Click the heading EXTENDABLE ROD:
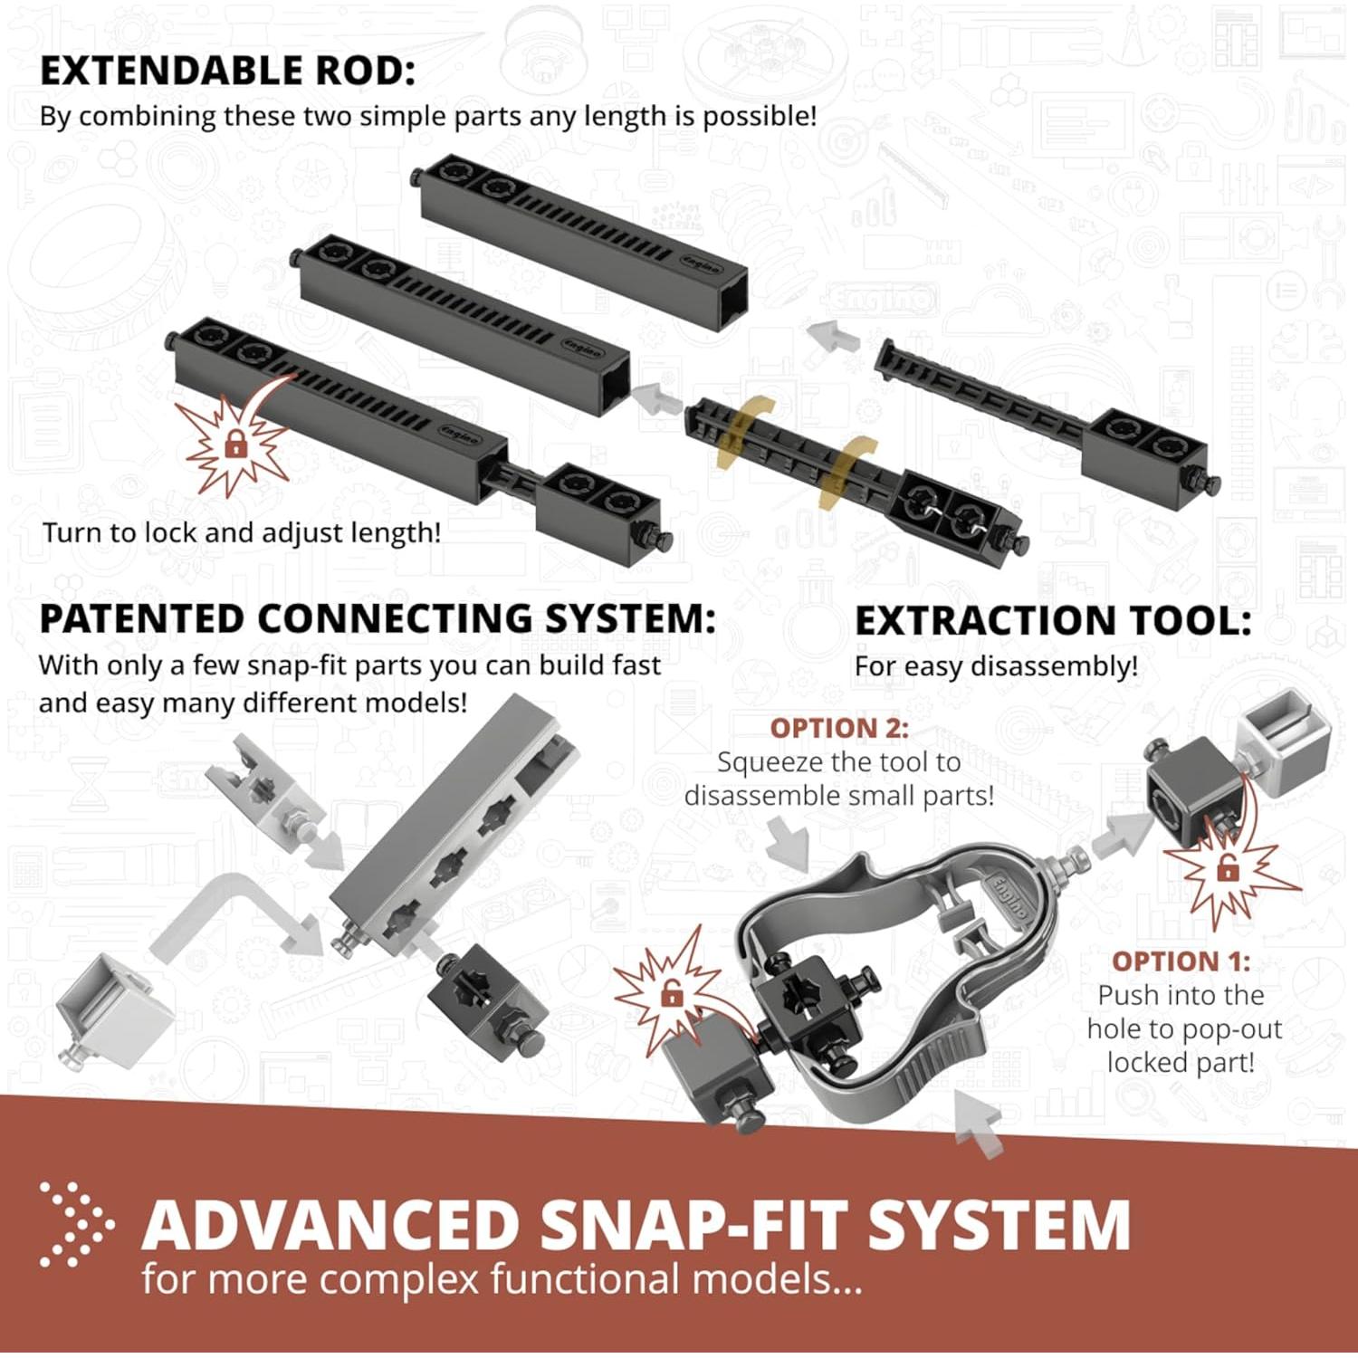[227, 71]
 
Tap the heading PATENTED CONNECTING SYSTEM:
[377, 619]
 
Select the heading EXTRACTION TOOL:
[1053, 621]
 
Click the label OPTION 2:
[838, 728]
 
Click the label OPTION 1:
[1181, 961]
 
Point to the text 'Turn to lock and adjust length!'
[242, 532]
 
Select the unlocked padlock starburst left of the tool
[671, 994]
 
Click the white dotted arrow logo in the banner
[76, 1224]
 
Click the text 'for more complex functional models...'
[501, 1280]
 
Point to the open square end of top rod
[729, 299]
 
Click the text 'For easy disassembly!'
[996, 666]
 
